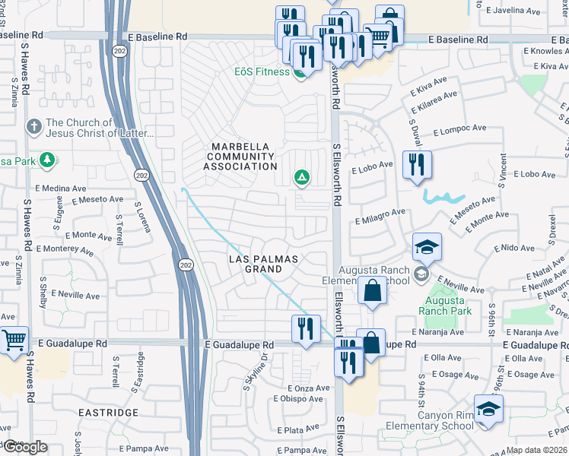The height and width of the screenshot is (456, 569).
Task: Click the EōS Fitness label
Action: (x=261, y=72)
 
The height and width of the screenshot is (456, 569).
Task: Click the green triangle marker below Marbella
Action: (x=301, y=178)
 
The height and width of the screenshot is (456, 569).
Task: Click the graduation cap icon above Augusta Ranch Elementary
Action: (x=427, y=247)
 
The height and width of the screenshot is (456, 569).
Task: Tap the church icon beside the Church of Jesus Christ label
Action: (x=33, y=126)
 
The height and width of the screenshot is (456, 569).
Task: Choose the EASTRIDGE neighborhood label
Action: (x=108, y=413)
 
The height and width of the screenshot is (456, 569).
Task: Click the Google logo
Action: (x=24, y=447)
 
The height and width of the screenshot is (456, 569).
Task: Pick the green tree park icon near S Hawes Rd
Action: (x=46, y=160)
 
